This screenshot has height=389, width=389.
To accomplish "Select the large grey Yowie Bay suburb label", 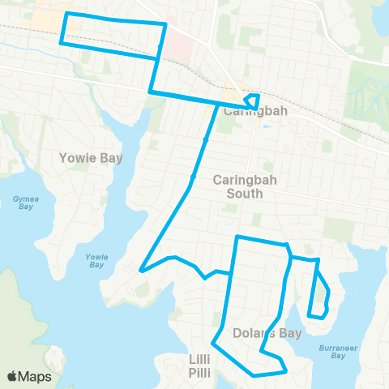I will click(x=92, y=158).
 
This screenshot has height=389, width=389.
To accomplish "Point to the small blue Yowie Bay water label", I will click(x=96, y=260).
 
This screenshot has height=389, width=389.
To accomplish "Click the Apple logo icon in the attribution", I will click(x=13, y=376).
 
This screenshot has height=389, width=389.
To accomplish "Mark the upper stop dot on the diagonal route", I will click(x=206, y=140).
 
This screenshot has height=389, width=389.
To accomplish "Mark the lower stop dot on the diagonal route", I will click(x=193, y=177).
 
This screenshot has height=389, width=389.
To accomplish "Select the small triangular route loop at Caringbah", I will click(x=252, y=100).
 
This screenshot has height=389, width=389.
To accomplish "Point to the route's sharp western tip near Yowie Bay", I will click(x=141, y=270).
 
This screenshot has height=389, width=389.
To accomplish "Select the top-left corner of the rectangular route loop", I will click(x=66, y=15).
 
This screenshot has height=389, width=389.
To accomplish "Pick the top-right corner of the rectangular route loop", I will click(x=166, y=24).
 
